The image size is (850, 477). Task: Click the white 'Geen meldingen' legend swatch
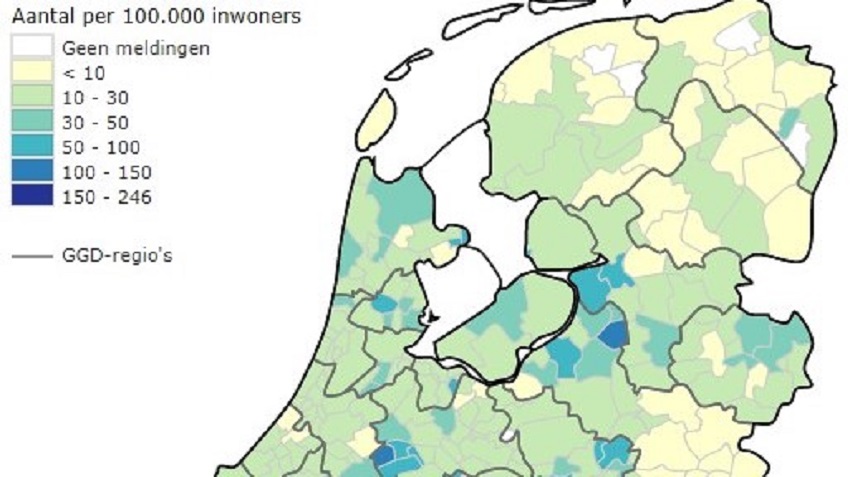pyautogui.click(x=31, y=47)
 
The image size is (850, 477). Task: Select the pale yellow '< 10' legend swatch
pyautogui.click(x=31, y=72)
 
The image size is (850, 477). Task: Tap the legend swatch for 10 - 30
pyautogui.click(x=31, y=97)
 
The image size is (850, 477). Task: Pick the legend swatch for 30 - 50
pyautogui.click(x=31, y=122)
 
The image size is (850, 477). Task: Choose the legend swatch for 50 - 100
pyautogui.click(x=31, y=147)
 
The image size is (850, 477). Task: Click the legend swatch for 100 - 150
pyautogui.click(x=31, y=172)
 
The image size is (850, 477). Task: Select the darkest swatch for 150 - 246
pyautogui.click(x=31, y=196)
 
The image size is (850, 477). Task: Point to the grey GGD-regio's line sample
pyautogui.click(x=31, y=256)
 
